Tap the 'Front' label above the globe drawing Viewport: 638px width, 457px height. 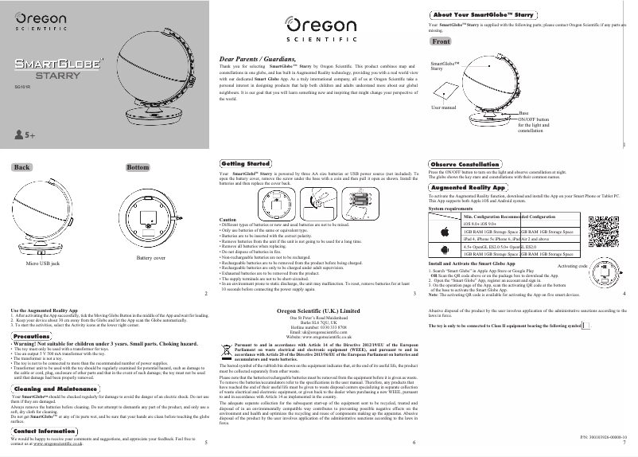coord(440,41)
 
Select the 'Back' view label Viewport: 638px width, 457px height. coord(22,167)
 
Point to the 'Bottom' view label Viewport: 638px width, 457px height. coord(138,167)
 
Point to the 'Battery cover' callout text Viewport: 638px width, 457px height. coord(151,258)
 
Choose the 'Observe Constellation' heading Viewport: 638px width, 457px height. coord(468,163)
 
